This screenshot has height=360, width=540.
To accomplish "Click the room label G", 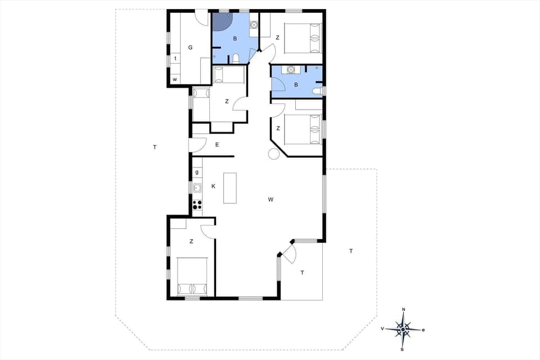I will pyautogui.click(x=190, y=47).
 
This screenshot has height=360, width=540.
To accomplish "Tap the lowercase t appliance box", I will pyautogui.click(x=175, y=58).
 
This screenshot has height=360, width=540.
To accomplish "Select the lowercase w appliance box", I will pyautogui.click(x=175, y=79).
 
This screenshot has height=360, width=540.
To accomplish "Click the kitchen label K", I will pyautogui.click(x=213, y=186).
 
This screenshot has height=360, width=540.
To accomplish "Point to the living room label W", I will pyautogui.click(x=271, y=199).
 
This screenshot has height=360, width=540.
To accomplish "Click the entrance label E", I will pyautogui.click(x=217, y=145).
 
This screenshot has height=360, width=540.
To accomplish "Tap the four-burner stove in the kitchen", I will pyautogui.click(x=197, y=205).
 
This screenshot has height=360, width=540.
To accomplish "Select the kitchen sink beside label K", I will pyautogui.click(x=197, y=188).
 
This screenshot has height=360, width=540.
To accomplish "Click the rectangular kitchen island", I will pyautogui.click(x=230, y=188).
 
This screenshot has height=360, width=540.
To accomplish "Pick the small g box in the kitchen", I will pyautogui.click(x=197, y=172).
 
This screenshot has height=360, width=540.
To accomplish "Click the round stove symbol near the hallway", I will pyautogui.click(x=273, y=155).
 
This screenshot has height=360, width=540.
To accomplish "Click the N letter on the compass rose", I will pyautogui.click(x=403, y=310).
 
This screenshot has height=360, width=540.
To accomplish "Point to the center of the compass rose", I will pyautogui.click(x=403, y=329).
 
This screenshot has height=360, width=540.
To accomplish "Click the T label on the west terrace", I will pyautogui.click(x=155, y=147).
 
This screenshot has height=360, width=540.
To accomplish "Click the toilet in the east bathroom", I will pyautogui.click(x=317, y=91).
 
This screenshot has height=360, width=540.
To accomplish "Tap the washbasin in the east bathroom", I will pyautogui.click(x=291, y=70).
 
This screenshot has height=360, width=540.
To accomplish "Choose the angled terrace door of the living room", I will pyautogui.click(x=289, y=253).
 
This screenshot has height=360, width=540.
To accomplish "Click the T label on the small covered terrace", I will pyautogui.click(x=302, y=273).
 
